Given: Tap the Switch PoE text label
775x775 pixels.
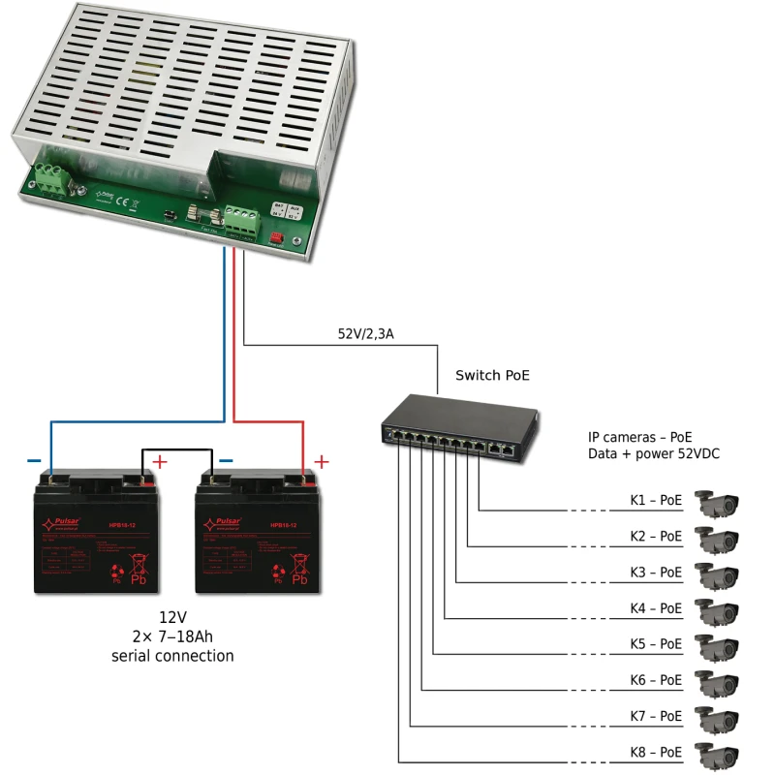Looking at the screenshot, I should [x=492, y=375].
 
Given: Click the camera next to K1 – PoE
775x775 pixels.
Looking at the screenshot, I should [x=718, y=502].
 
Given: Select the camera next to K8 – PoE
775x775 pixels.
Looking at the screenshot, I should [x=718, y=754].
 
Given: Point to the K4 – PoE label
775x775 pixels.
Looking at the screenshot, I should [x=656, y=608].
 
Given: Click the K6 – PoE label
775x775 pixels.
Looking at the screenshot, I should [x=656, y=680].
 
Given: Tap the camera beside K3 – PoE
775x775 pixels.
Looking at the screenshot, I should [x=718, y=573].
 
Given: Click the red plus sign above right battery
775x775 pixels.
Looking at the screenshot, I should [x=323, y=462].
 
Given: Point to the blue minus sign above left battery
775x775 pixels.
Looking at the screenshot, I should [x=34, y=462].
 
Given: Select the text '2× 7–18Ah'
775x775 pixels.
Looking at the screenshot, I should [x=171, y=636].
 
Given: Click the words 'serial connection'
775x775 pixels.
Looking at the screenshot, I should [x=171, y=656].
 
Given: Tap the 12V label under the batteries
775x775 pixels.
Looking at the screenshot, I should [x=171, y=617].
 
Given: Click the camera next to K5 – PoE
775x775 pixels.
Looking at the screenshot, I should [x=718, y=645].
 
